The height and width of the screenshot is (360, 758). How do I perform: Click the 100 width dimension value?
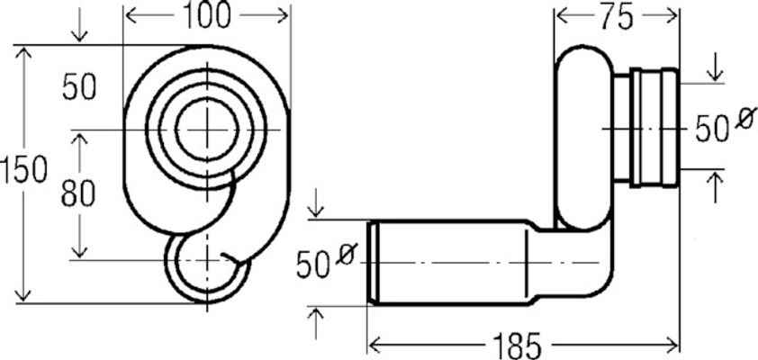[206, 16]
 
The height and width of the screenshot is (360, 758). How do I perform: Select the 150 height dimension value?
[23, 171]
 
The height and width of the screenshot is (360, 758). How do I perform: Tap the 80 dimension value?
[78, 193]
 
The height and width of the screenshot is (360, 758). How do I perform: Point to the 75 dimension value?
[616, 18]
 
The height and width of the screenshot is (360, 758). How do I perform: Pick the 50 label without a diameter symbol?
[79, 87]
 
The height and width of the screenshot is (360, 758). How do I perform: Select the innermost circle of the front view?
[207, 130]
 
